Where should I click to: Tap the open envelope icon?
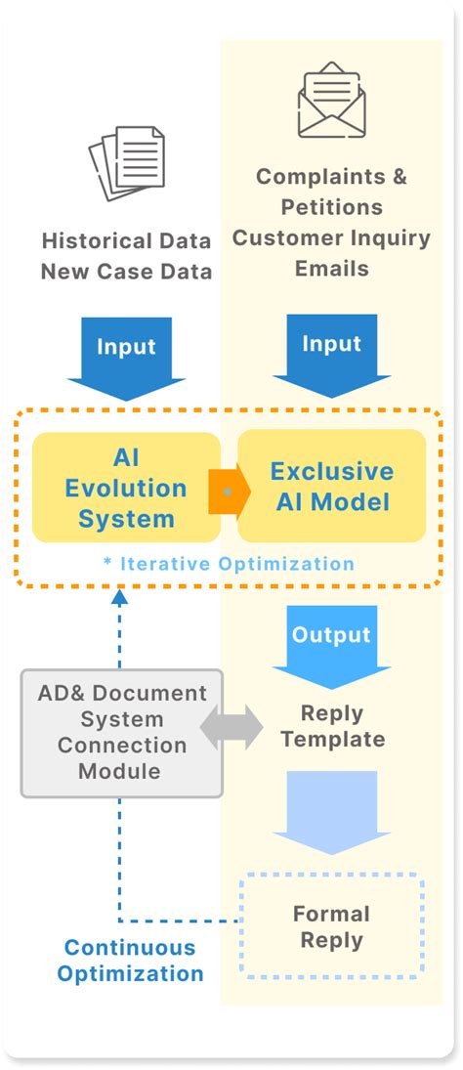331,100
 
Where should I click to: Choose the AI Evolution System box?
126,488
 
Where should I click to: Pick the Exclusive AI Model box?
332,486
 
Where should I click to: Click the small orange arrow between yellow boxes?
224,491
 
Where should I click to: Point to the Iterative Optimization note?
229,564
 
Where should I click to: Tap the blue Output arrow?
331,646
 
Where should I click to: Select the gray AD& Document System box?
122,732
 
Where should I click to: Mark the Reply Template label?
331,726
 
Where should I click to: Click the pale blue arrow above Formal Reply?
331,810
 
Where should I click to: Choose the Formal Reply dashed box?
331,926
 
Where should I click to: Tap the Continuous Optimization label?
130,960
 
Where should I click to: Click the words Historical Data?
126,240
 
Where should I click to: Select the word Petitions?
331,207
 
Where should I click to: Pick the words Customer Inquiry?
331,237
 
